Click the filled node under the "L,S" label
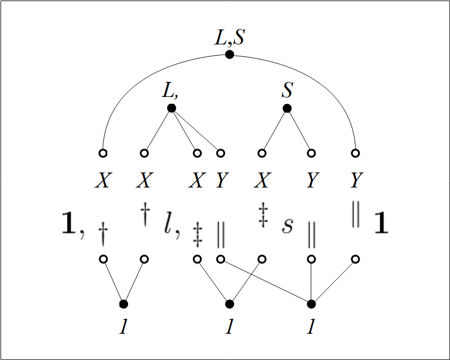229,54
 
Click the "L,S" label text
230,37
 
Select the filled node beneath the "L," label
171,108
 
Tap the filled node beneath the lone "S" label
287,108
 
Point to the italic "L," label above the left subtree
170,90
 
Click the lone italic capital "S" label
287,89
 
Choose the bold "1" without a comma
381,222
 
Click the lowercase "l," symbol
172,226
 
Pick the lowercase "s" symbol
287,226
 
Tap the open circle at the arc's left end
103,153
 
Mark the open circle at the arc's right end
355,153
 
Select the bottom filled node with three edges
311,304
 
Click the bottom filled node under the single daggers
123,304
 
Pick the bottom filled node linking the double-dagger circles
229,304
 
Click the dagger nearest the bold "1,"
103,234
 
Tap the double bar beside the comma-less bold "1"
356,214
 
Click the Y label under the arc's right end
357,180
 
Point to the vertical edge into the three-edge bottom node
311,282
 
